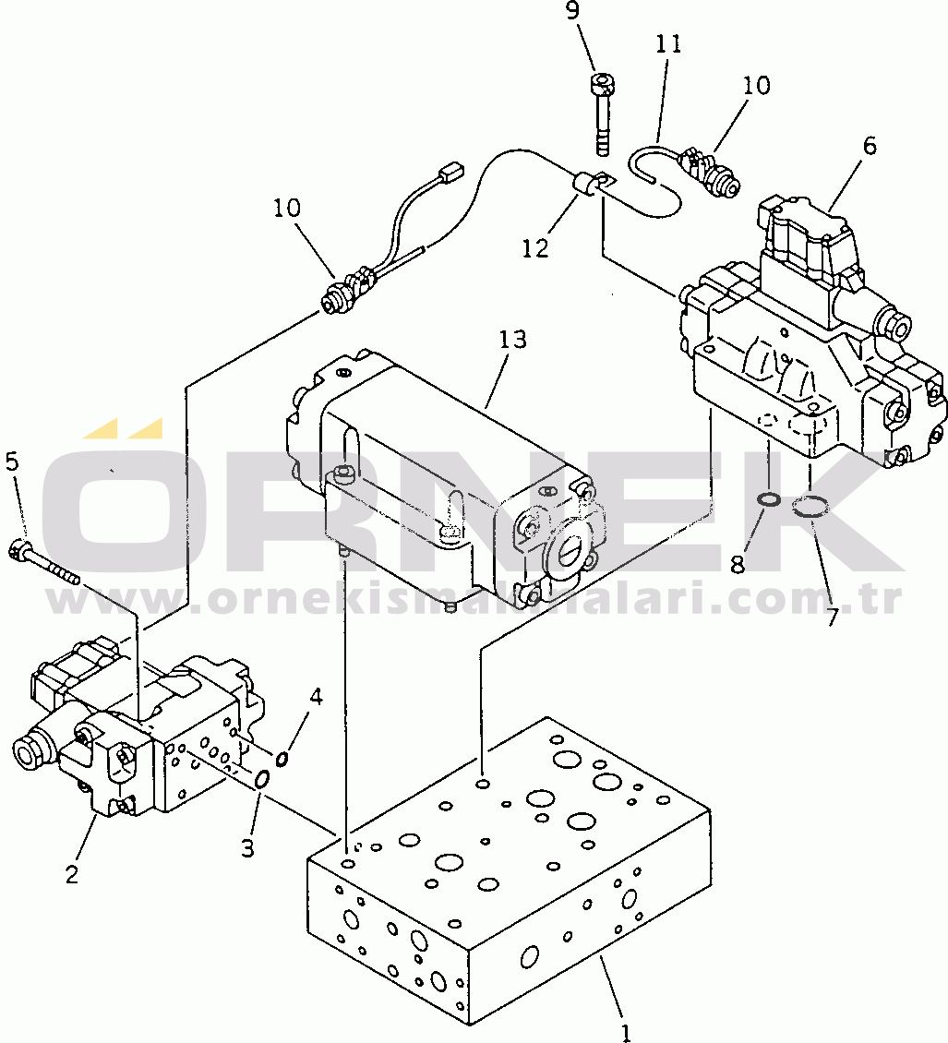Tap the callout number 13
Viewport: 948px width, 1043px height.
(512, 340)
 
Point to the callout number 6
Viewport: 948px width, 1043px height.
(870, 146)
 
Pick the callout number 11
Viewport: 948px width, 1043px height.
(668, 44)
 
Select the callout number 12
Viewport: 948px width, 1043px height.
(534, 248)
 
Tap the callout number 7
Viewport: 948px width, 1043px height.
(832, 617)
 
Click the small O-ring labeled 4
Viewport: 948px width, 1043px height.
(282, 759)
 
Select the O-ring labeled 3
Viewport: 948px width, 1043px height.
(261, 780)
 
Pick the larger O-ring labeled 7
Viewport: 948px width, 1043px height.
(810, 505)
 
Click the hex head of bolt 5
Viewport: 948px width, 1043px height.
(18, 551)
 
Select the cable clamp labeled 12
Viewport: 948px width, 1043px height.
(585, 185)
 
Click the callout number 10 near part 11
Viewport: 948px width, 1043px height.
(755, 85)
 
